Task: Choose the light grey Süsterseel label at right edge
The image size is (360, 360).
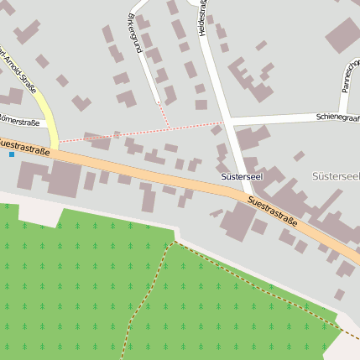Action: coord(335,176)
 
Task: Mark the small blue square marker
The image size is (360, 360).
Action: coord(11,154)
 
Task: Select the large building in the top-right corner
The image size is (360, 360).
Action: coord(342,35)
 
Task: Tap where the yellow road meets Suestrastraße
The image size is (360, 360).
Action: coord(55,149)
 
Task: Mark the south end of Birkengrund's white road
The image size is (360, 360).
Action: coord(157,100)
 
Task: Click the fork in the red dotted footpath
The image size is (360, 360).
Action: coord(169,128)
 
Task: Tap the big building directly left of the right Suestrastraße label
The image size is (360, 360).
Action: coord(238,220)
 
